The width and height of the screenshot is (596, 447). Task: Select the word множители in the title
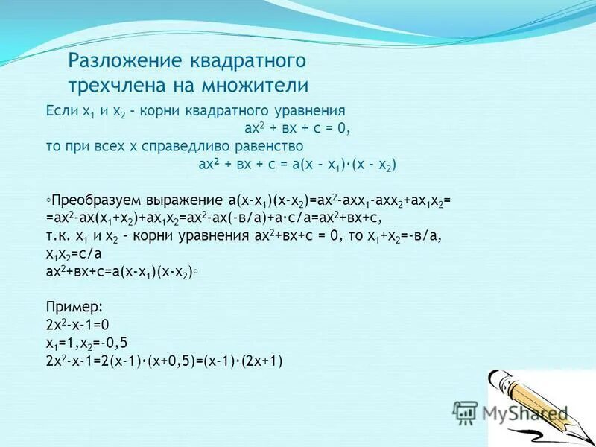[256, 83]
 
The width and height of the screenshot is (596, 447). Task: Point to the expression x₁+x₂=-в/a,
[409, 237]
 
